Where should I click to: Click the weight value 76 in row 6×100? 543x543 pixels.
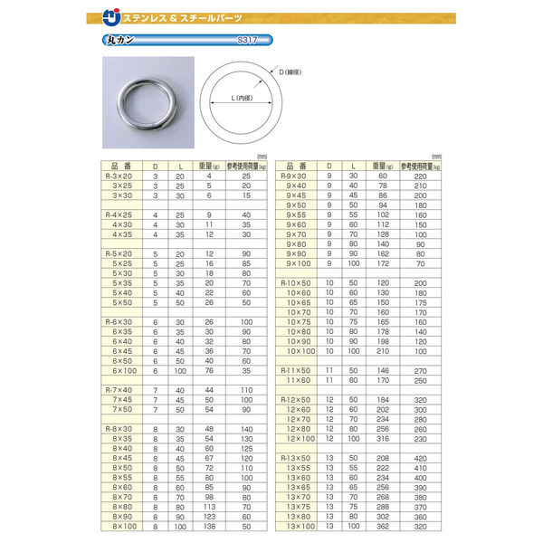click(209, 369)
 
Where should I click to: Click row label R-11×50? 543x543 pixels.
click(298, 369)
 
